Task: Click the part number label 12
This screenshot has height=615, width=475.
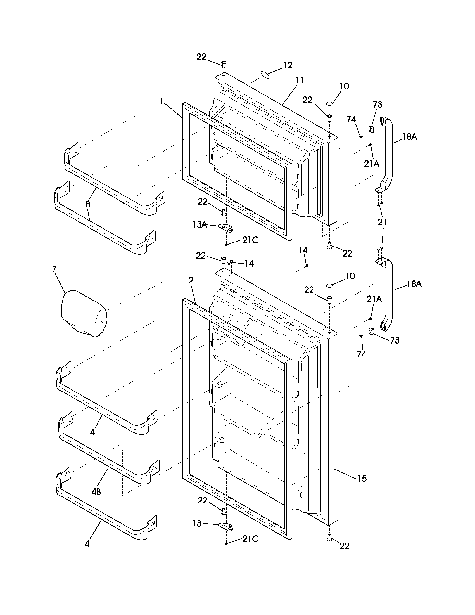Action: pyautogui.click(x=288, y=65)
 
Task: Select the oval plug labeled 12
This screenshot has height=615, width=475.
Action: pyautogui.click(x=265, y=75)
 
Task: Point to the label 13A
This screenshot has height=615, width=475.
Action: pyautogui.click(x=199, y=224)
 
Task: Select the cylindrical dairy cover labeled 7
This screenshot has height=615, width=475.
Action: pyautogui.click(x=84, y=313)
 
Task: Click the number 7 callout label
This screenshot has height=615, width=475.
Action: pyautogui.click(x=54, y=269)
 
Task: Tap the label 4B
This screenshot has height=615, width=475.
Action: pyautogui.click(x=96, y=492)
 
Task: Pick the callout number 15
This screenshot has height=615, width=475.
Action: pyautogui.click(x=362, y=478)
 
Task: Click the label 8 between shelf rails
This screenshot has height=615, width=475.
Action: pyautogui.click(x=88, y=204)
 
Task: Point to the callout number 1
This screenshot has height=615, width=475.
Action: pyautogui.click(x=161, y=101)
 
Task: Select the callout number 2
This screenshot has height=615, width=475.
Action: pyautogui.click(x=191, y=280)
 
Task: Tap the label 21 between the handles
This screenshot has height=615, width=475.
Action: pyautogui.click(x=382, y=222)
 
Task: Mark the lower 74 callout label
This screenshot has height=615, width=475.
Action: pyautogui.click(x=362, y=354)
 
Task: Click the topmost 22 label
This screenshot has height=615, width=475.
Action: pyautogui.click(x=201, y=57)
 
